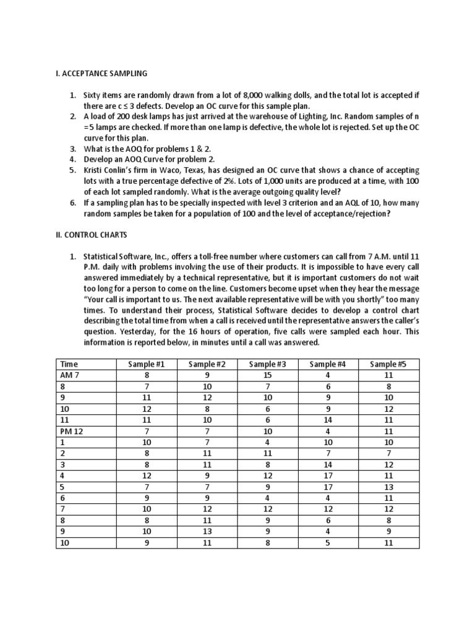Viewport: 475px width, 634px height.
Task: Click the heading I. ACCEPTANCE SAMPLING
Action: click(101, 74)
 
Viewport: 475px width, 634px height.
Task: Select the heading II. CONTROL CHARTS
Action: click(92, 235)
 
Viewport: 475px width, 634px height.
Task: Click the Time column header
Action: click(68, 364)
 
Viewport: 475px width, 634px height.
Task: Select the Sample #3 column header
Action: click(267, 364)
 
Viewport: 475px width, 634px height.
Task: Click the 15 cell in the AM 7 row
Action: click(267, 375)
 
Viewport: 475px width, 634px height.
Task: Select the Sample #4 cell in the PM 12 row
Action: click(328, 431)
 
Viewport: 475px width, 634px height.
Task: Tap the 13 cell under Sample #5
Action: click(388, 487)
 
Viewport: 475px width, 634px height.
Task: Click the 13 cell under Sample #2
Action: click(207, 531)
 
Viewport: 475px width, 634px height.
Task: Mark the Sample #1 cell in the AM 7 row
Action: click(146, 375)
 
